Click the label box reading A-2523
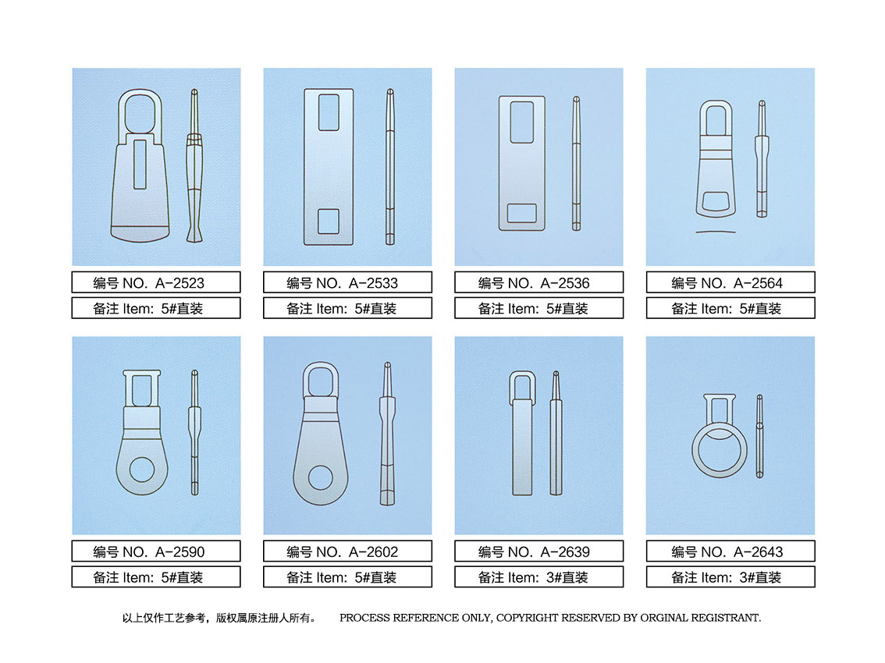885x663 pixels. [156, 282]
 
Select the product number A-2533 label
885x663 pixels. [347, 282]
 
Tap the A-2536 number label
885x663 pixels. [538, 282]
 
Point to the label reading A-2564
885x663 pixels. [730, 282]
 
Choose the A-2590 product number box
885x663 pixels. [156, 551]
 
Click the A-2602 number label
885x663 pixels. [347, 551]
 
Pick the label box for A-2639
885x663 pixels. [538, 551]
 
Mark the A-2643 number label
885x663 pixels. [730, 551]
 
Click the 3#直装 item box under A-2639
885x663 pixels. [538, 576]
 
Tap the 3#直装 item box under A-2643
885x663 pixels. [730, 576]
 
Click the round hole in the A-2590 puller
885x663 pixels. [142, 470]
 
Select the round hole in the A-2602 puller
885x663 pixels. [321, 478]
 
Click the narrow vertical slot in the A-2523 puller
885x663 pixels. [140, 165]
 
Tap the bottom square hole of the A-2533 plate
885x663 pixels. [329, 222]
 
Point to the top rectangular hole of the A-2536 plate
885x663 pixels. [522, 122]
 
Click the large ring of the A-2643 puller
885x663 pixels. [694, 452]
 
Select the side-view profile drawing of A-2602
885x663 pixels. [387, 434]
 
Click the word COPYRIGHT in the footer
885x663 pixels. [527, 618]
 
